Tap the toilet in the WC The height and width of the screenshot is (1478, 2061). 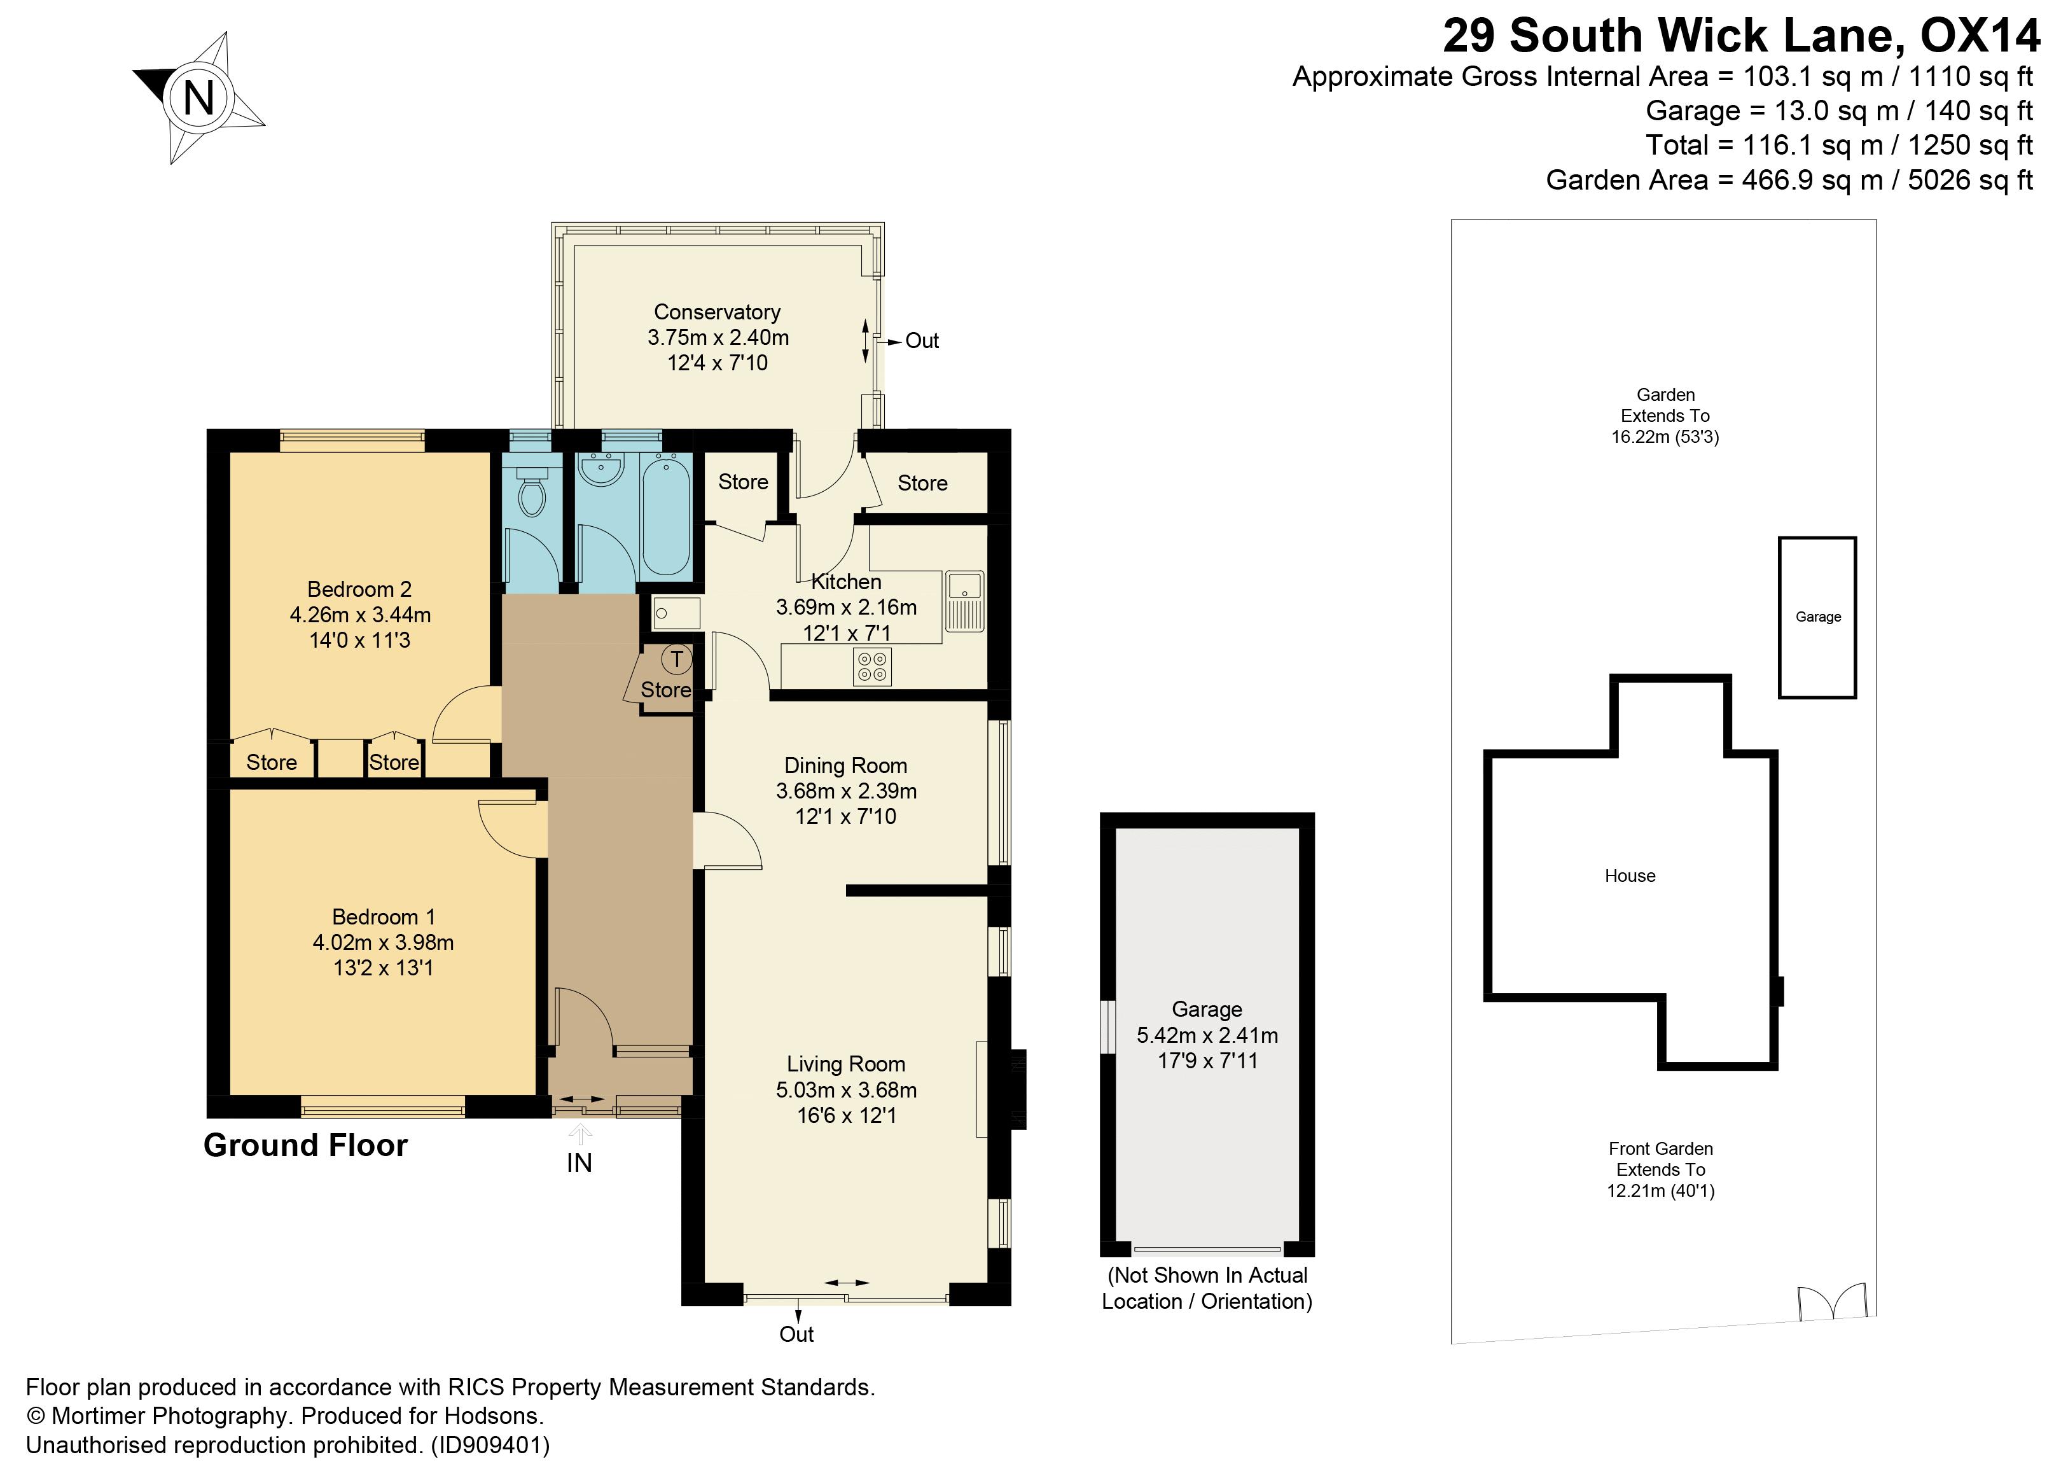tap(532, 496)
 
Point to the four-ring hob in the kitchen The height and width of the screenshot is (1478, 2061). tap(872, 666)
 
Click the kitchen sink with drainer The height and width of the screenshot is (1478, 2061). tap(964, 601)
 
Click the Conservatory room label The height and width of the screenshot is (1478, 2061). tap(717, 312)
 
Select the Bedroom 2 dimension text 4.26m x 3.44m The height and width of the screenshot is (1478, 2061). tap(360, 615)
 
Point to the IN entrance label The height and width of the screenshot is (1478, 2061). tap(579, 1162)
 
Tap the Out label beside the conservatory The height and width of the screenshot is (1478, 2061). tap(922, 341)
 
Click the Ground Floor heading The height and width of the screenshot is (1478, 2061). tap(305, 1145)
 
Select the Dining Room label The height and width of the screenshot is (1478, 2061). tap(845, 765)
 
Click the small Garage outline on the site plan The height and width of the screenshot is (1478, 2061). tap(1817, 617)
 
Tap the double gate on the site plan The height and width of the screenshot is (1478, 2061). tap(1831, 1302)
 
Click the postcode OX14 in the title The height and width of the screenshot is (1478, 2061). tap(1979, 36)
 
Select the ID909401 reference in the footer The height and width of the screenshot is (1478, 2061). tap(490, 1446)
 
